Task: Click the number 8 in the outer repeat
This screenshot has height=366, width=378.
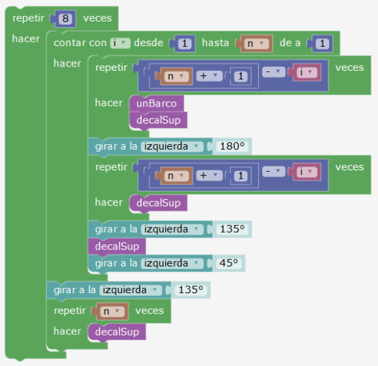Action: pyautogui.click(x=65, y=19)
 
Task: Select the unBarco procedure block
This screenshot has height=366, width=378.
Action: pyautogui.click(x=157, y=103)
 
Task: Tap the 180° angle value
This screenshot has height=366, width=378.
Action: pyautogui.click(x=232, y=146)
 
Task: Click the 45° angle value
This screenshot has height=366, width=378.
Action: pyautogui.click(x=228, y=263)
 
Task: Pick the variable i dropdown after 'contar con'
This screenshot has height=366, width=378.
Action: pyautogui.click(x=120, y=43)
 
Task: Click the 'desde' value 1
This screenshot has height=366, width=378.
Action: pyautogui.click(x=185, y=44)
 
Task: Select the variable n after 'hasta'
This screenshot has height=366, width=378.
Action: pyautogui.click(x=256, y=44)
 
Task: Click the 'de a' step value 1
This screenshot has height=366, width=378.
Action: pyautogui.click(x=322, y=44)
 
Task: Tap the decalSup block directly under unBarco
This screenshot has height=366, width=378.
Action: pyautogui.click(x=158, y=120)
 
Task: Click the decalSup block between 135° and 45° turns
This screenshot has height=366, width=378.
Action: pyautogui.click(x=117, y=246)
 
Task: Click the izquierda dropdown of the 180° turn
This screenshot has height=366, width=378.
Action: pyautogui.click(x=172, y=146)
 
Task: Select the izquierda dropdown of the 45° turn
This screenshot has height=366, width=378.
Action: pyautogui.click(x=172, y=263)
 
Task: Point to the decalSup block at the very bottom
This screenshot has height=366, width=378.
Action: pyautogui.click(x=117, y=332)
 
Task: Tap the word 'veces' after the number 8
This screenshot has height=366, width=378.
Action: pyautogui.click(x=98, y=18)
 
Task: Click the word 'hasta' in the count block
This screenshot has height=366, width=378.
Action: pyautogui.click(x=215, y=43)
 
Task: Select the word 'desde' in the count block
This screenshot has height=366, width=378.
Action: pyautogui.click(x=148, y=43)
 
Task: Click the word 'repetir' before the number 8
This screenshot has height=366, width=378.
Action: pyautogui.click(x=29, y=18)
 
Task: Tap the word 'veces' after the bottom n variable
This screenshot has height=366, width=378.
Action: pyautogui.click(x=150, y=311)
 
